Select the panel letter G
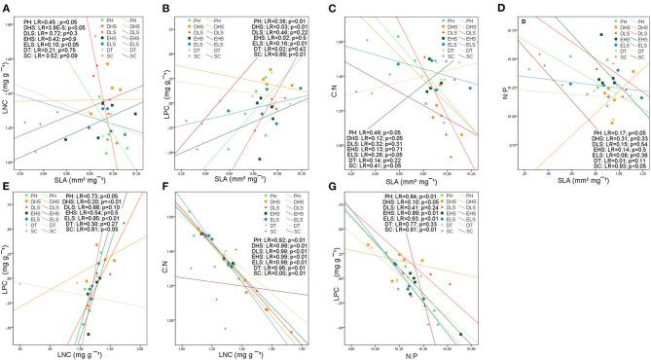[x=333, y=184]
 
